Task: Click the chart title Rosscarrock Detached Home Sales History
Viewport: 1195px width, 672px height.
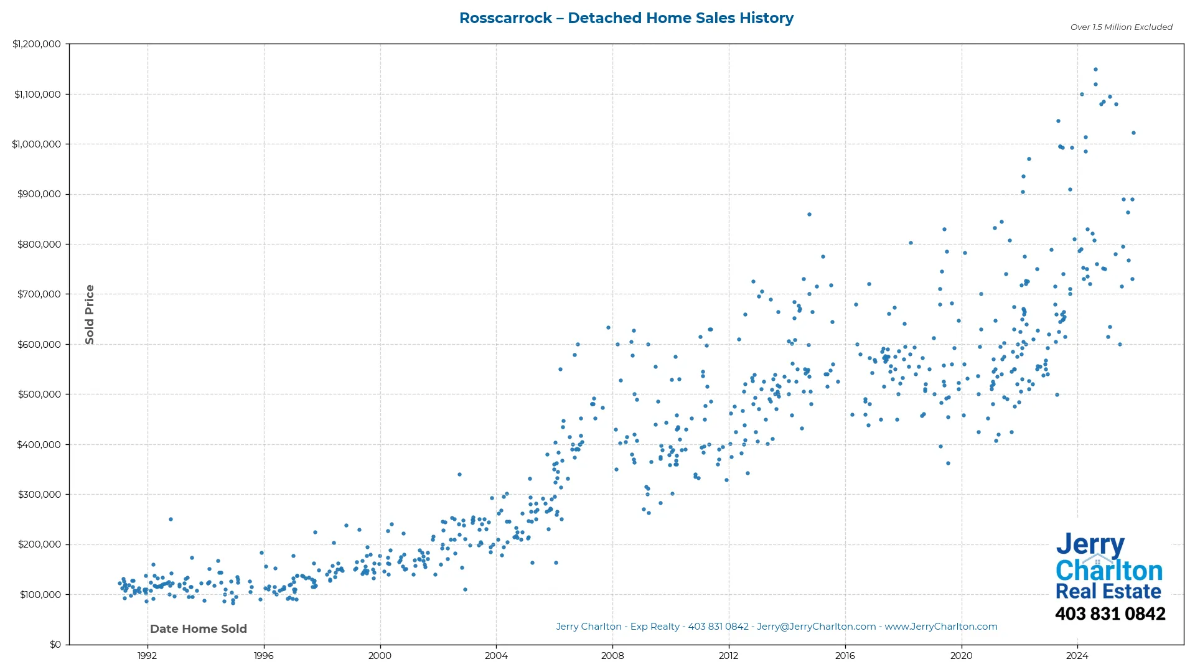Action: click(x=626, y=18)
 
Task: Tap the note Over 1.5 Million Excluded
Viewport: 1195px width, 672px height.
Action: click(x=1121, y=27)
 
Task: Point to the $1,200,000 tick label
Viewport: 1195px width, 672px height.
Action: click(x=37, y=44)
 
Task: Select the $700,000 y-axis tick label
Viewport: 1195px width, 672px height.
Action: click(x=39, y=294)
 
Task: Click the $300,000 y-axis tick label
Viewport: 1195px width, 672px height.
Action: click(x=39, y=495)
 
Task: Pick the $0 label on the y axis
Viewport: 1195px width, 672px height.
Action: click(x=55, y=645)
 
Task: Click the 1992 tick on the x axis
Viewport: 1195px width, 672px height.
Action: click(x=147, y=656)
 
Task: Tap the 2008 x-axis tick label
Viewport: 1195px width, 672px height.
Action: click(x=612, y=656)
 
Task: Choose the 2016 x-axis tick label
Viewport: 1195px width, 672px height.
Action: click(x=845, y=656)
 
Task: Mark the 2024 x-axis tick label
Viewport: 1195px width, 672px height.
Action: click(x=1077, y=656)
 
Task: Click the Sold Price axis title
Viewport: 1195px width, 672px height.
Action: click(x=90, y=314)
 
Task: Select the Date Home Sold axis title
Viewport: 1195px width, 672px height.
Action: click(x=199, y=629)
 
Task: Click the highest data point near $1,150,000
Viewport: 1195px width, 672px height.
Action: click(x=1095, y=70)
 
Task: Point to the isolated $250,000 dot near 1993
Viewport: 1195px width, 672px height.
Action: click(x=171, y=519)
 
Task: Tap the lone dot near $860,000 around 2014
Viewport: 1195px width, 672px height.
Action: click(x=809, y=215)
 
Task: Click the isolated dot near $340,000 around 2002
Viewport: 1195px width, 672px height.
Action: click(x=459, y=474)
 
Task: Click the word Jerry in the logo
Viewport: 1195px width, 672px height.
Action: click(x=1090, y=545)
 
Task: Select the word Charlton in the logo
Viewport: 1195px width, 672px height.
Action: click(x=1108, y=571)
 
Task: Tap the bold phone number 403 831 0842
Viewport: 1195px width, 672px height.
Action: click(x=1110, y=614)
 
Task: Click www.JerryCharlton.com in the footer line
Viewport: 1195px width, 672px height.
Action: click(x=940, y=627)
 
